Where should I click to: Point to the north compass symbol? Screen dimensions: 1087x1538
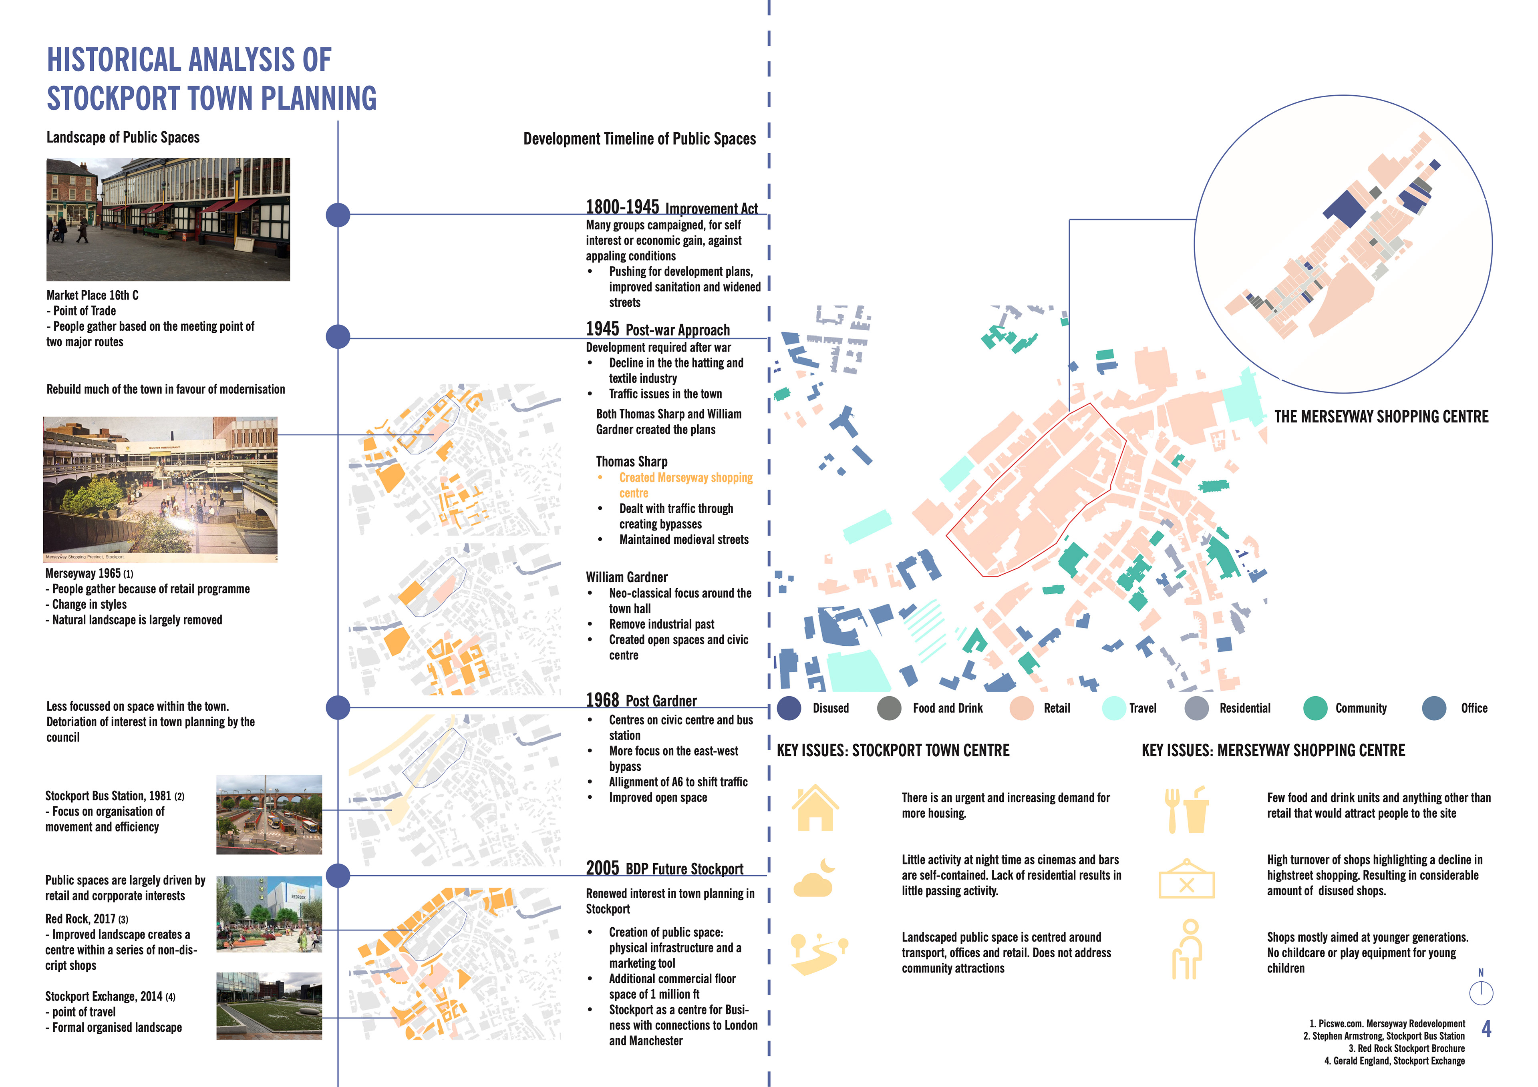pyautogui.click(x=1481, y=992)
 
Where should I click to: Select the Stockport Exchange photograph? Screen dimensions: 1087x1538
pyautogui.click(x=269, y=1006)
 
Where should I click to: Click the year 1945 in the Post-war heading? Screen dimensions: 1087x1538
pyautogui.click(x=602, y=329)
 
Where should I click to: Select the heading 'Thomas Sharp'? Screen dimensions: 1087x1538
pyautogui.click(x=632, y=462)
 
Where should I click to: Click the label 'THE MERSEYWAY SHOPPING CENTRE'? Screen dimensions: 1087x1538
pyautogui.click(x=1381, y=416)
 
